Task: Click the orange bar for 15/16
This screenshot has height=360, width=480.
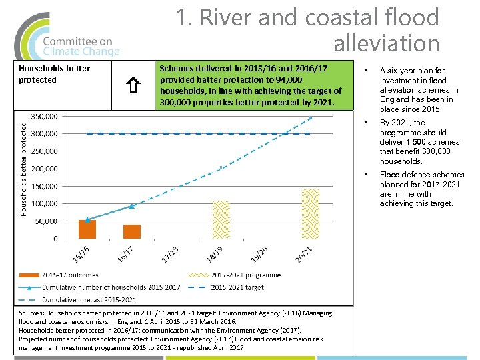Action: click(x=87, y=229)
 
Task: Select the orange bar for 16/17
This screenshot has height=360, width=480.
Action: click(x=132, y=231)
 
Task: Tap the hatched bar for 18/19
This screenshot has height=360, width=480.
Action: click(x=221, y=219)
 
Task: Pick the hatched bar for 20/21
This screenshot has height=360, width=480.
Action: click(x=311, y=213)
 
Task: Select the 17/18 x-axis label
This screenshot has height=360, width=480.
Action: click(x=169, y=254)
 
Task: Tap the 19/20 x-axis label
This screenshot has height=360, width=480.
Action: click(x=259, y=254)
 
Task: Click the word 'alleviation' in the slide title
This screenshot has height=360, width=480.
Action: click(x=386, y=44)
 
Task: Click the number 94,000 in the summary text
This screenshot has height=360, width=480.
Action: click(x=287, y=80)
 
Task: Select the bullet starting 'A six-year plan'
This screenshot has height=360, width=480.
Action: click(x=419, y=89)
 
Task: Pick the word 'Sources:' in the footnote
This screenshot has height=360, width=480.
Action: click(x=31, y=313)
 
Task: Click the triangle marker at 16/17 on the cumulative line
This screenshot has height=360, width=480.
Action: click(x=132, y=206)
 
